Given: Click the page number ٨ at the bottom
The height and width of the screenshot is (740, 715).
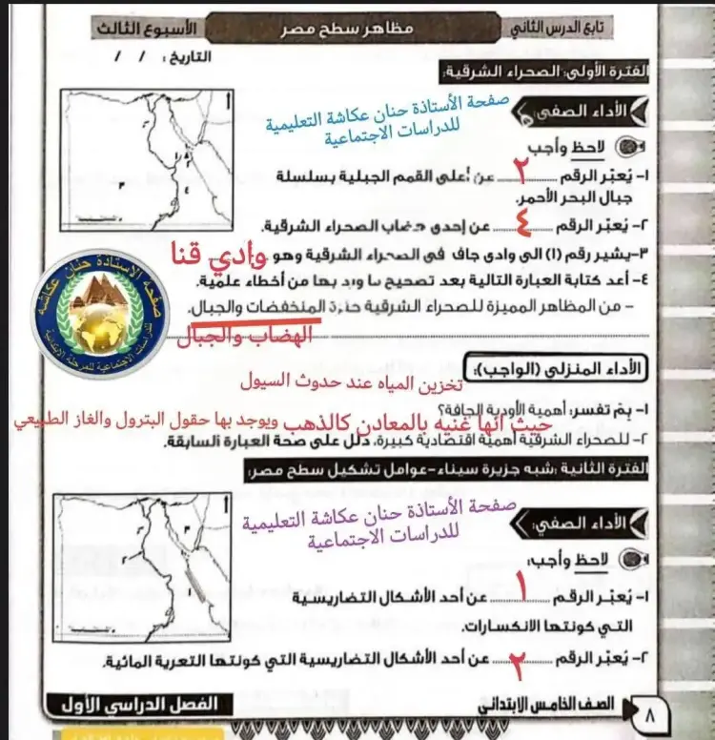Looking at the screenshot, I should point(650,711).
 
